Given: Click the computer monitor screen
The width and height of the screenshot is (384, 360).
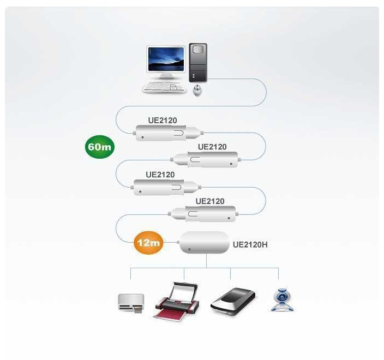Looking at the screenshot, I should coord(166,59).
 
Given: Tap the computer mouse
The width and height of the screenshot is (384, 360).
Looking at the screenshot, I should coord(197,90).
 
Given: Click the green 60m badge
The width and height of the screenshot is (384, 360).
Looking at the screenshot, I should coord(100,148).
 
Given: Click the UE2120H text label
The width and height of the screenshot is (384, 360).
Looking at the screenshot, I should coord(250,244).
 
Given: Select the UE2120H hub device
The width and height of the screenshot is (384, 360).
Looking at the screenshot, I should coord(205,243).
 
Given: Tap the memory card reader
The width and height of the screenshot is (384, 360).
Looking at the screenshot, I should coord(131,302).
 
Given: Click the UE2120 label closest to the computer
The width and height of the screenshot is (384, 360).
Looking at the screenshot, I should coord(162,121).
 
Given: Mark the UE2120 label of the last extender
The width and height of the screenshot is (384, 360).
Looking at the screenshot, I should coord(210,201).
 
